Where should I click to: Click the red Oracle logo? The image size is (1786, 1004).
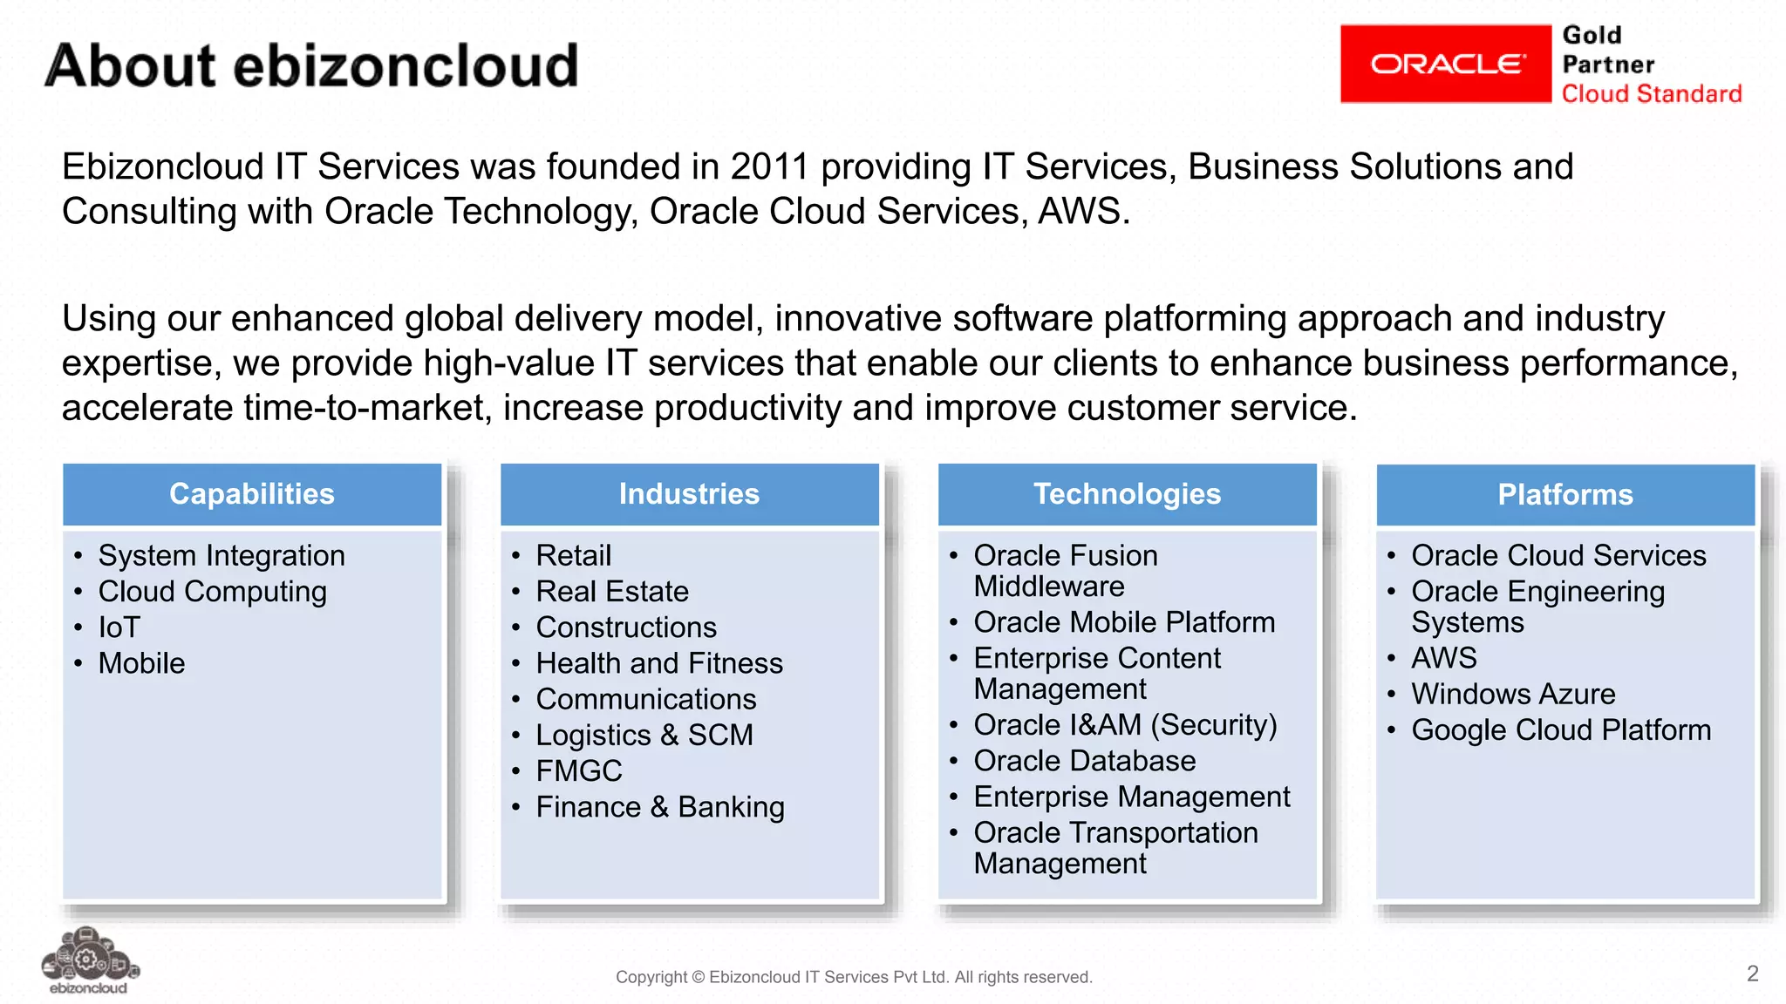click(1445, 64)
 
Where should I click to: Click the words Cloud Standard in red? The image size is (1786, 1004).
click(1651, 94)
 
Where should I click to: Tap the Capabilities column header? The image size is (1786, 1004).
click(252, 494)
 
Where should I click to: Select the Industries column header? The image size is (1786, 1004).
click(689, 494)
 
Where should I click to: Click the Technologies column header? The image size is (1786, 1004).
click(1127, 494)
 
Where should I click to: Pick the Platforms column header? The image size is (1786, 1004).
click(1564, 495)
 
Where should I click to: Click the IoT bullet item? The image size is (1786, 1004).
click(119, 627)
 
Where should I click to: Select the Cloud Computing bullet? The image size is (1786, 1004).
click(212, 592)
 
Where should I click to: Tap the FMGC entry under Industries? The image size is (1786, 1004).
click(579, 771)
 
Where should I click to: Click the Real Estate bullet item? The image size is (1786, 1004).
click(612, 592)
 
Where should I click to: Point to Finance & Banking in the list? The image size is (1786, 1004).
click(660, 807)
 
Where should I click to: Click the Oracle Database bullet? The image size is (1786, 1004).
click(1084, 761)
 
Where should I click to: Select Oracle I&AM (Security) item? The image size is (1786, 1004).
click(1125, 725)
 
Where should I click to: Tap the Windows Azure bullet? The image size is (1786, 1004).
click(1513, 694)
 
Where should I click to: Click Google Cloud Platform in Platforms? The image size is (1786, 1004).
click(1561, 730)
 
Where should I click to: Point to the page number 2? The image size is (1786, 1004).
click(1752, 973)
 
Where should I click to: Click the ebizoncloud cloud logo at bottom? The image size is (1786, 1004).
click(89, 960)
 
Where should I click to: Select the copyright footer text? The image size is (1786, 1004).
click(854, 977)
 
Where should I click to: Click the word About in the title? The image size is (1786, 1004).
click(130, 66)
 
